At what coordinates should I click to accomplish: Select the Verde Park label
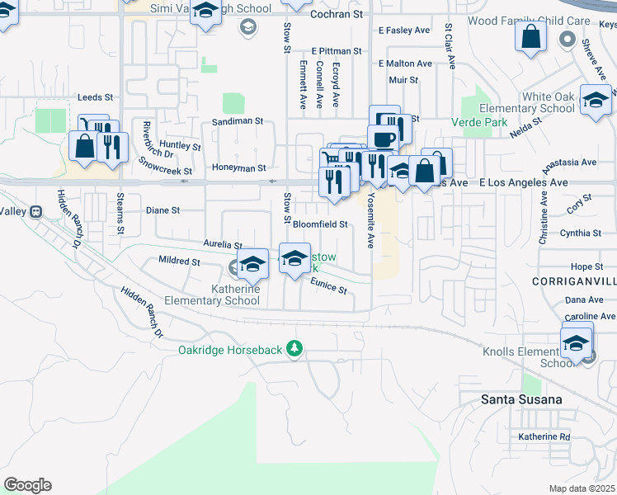click(x=478, y=122)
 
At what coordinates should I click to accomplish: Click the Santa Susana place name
click(x=521, y=399)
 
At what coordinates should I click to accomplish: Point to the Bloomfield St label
click(x=321, y=224)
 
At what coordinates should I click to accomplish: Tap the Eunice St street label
click(x=328, y=285)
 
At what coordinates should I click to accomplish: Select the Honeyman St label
click(x=238, y=167)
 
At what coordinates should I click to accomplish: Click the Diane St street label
click(x=162, y=210)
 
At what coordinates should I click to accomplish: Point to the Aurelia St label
click(x=223, y=245)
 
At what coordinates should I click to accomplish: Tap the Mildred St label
click(x=178, y=262)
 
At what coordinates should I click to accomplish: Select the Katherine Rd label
click(x=544, y=436)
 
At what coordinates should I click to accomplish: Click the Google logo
click(x=27, y=485)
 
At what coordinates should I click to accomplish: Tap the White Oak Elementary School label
click(x=536, y=102)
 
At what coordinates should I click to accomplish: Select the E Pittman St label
click(x=337, y=50)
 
